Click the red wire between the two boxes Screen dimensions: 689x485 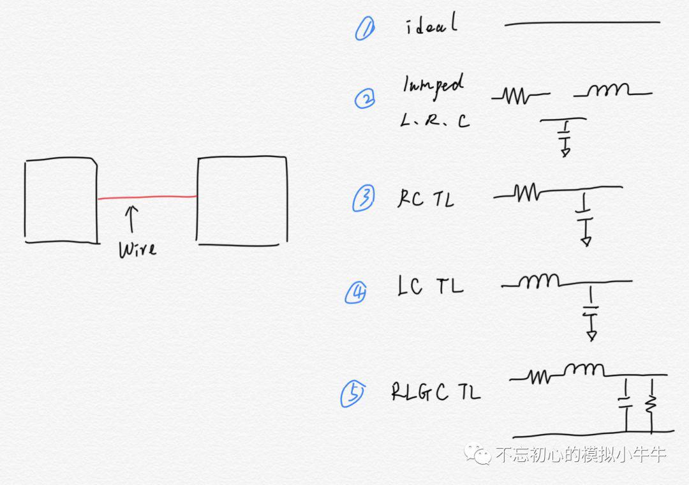pos(147,197)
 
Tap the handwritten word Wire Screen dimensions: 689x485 pos(137,250)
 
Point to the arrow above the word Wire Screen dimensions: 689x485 pos(131,219)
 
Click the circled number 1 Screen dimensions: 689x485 pos(365,29)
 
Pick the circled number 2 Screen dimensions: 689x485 pos(365,98)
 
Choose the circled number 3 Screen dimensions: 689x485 pos(364,198)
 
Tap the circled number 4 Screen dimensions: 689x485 pos(355,292)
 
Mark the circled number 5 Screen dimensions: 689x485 pos(352,394)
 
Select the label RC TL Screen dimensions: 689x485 pos(426,198)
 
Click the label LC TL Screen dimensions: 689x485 pos(431,286)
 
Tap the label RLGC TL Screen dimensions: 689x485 pos(436,392)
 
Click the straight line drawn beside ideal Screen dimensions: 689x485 pos(582,23)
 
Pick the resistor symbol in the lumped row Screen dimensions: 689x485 pos(521,96)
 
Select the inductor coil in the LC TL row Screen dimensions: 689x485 pos(538,281)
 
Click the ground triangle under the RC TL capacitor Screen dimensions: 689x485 pos(586,241)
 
